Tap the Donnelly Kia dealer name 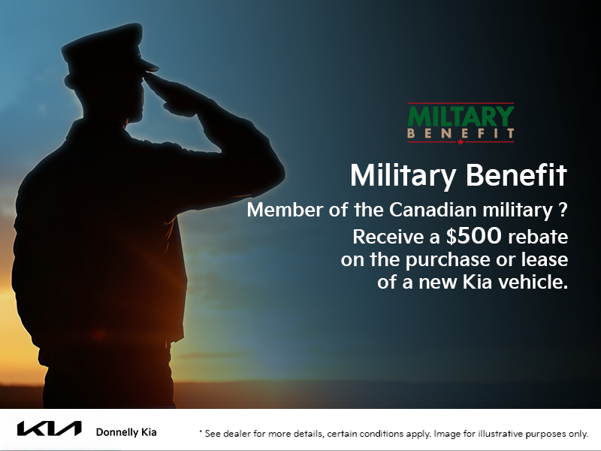click(126, 432)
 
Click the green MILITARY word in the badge click(461, 117)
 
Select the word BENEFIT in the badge click(461, 134)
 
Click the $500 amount click(464, 238)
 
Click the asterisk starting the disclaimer click(201, 433)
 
